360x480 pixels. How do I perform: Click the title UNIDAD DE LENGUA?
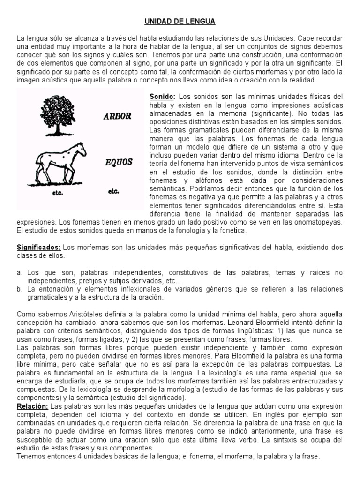tap(180, 22)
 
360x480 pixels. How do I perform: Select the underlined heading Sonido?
tap(162, 96)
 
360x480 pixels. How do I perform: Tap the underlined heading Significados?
tap(39, 247)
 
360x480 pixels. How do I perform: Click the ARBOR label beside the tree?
tap(117, 116)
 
